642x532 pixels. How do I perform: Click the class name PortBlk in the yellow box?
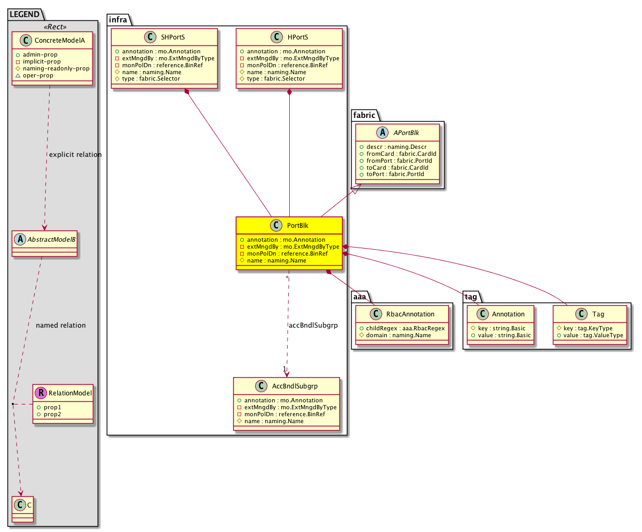click(297, 225)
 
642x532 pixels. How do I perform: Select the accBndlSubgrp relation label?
click(313, 325)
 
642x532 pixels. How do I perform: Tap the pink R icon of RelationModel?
click(41, 393)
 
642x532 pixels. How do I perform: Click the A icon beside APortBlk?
click(382, 132)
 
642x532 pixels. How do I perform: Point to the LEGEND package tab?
click(25, 14)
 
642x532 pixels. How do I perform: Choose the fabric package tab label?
click(364, 115)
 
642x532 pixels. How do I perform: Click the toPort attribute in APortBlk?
click(395, 174)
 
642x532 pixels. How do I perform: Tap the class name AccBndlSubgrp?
click(295, 386)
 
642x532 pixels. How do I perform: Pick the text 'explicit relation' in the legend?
click(75, 154)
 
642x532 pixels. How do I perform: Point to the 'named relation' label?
click(61, 325)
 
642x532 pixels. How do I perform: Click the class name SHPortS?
click(173, 37)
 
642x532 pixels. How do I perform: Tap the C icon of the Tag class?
click(581, 314)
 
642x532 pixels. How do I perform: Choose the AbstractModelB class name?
click(51, 239)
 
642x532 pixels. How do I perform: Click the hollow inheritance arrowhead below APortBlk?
click(356, 189)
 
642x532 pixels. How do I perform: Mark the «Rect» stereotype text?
click(55, 27)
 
